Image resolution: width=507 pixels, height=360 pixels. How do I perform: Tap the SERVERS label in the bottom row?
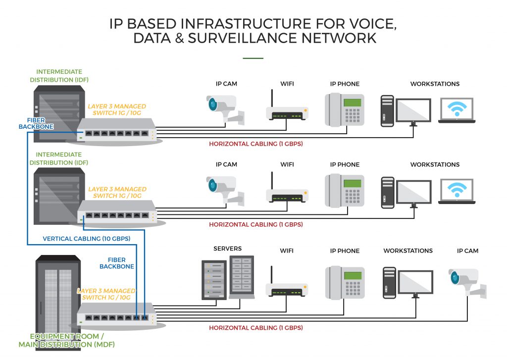[227, 248]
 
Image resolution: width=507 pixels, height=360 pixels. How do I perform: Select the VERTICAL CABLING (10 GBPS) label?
[87, 239]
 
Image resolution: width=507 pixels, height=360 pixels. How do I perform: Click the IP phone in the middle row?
[345, 190]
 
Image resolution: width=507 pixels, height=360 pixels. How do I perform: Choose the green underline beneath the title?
[253, 58]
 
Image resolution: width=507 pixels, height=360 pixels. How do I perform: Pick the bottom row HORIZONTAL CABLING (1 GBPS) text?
[255, 328]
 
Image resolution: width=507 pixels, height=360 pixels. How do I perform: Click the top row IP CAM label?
[226, 84]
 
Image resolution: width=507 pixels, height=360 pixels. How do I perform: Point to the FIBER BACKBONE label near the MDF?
[117, 263]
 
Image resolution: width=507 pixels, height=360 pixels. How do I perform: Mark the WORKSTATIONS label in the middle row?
[435, 164]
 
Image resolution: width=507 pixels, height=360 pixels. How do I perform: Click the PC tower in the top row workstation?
[387, 111]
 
